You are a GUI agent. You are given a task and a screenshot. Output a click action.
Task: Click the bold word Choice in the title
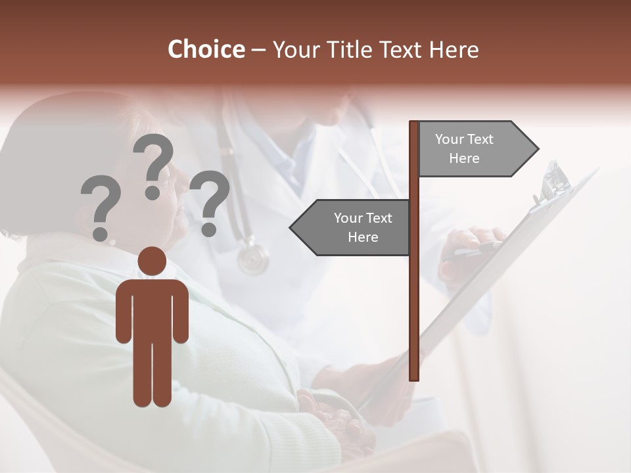pos(206,49)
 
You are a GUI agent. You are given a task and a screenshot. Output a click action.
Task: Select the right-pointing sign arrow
pos(477,148)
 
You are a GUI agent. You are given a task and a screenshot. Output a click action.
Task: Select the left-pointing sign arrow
pos(352,227)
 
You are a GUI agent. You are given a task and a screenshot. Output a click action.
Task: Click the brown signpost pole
pos(414,296)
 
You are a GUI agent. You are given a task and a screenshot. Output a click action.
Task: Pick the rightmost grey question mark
pos(210,202)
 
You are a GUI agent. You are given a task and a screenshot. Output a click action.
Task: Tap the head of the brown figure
pos(152,261)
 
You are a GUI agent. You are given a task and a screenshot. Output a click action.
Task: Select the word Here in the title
pos(454,49)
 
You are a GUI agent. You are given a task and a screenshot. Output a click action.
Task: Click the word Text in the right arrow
pos(480,139)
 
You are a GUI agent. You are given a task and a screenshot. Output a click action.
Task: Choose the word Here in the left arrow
pos(363,236)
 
